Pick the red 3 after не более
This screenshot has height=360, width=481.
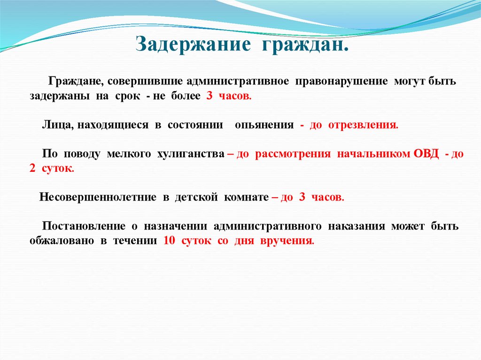click(x=209, y=96)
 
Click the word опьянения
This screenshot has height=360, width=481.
click(x=264, y=125)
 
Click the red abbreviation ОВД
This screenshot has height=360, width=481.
click(x=426, y=154)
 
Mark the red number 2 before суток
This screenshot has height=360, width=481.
click(x=32, y=169)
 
